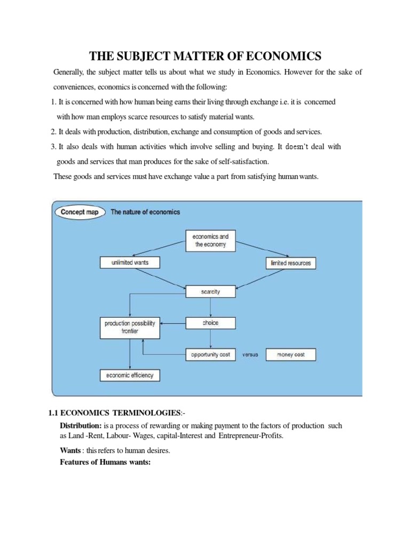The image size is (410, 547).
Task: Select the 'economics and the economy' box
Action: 210,240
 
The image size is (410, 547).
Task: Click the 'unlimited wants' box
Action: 130,263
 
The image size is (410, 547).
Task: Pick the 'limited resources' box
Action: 290,263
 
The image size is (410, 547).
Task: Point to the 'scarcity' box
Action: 210,292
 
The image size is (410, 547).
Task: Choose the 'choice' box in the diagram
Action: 210,323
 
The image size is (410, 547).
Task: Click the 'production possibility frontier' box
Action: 130,327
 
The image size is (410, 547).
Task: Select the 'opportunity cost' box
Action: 210,354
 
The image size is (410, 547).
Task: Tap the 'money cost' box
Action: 290,354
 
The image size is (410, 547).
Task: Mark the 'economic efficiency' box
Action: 130,375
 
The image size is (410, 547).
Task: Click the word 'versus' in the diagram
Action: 250,354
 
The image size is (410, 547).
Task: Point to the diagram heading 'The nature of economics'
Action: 145,212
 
